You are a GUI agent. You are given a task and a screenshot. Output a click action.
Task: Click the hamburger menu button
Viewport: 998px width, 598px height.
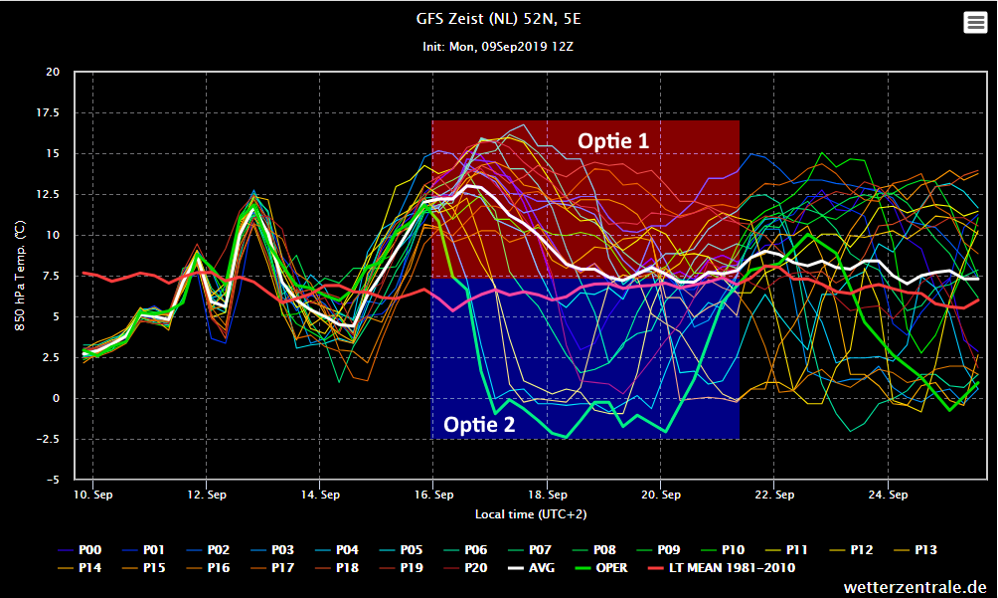click(975, 24)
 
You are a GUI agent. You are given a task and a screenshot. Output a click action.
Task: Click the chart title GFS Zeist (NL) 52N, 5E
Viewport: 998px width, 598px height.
click(498, 18)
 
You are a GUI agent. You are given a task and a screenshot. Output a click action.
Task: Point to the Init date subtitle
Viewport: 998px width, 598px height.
click(498, 47)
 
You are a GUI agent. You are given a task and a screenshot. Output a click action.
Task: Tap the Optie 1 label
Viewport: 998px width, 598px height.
click(613, 141)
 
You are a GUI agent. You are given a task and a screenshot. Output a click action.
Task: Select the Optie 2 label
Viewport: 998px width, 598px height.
click(479, 425)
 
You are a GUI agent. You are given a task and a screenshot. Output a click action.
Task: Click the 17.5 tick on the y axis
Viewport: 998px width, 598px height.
click(46, 113)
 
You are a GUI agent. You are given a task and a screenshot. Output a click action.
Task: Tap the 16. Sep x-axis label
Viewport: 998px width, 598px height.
click(432, 495)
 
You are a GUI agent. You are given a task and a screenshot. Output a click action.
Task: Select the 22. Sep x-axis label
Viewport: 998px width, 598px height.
click(773, 495)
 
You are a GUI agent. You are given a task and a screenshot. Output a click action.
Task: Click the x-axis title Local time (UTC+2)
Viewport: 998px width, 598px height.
click(531, 514)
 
